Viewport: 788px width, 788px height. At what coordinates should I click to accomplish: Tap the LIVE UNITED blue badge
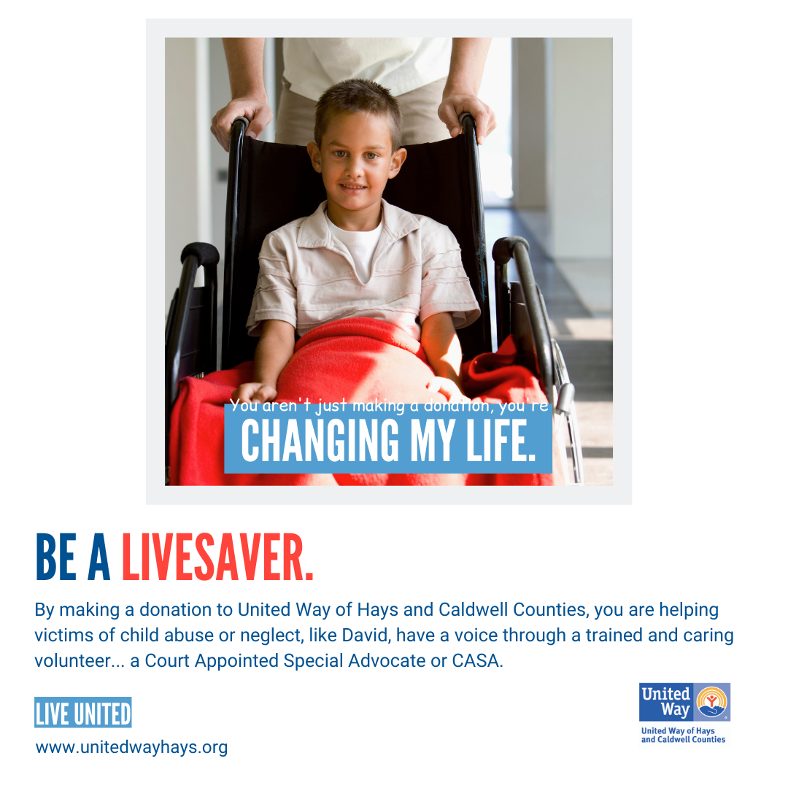[x=83, y=712]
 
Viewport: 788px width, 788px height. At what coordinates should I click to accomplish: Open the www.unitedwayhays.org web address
[x=131, y=747]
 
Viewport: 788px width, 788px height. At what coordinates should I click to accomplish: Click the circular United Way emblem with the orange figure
[x=711, y=702]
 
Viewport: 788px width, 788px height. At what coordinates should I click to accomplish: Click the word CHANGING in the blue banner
[x=320, y=441]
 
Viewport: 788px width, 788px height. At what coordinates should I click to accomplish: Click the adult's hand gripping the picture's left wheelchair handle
[x=242, y=120]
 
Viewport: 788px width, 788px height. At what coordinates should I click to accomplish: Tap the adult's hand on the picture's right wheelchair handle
[x=466, y=117]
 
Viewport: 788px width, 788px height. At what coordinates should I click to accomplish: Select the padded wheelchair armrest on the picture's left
[x=200, y=254]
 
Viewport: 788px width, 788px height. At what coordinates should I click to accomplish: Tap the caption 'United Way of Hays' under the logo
[x=677, y=730]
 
